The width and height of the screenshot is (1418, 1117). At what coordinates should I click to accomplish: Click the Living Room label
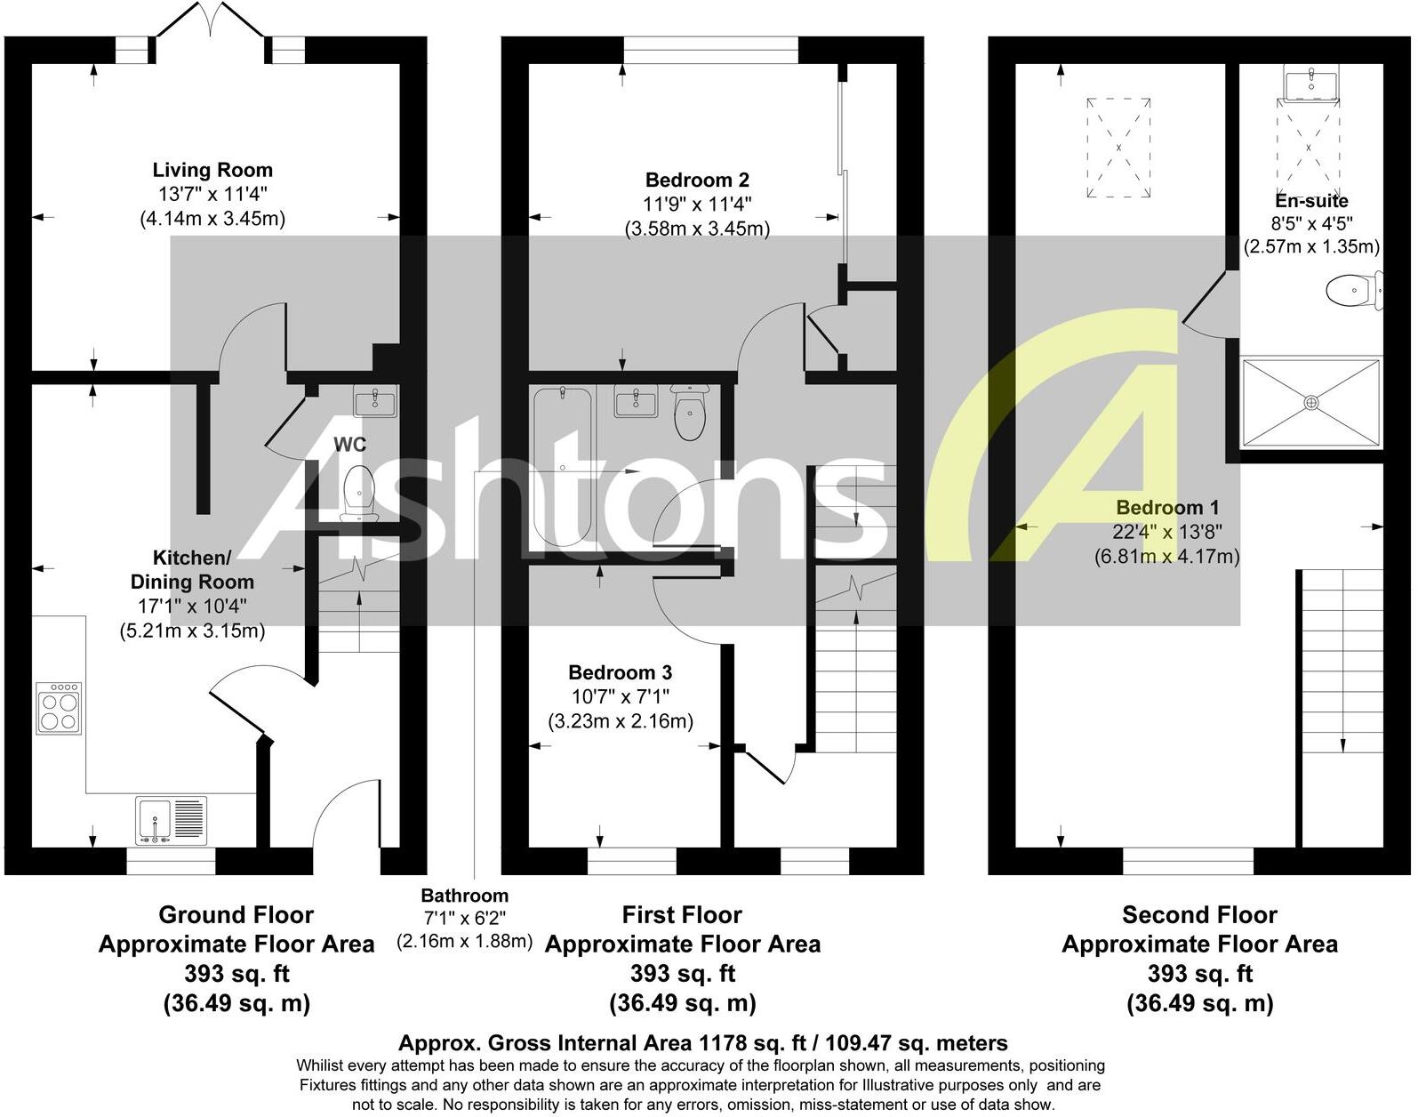[212, 170]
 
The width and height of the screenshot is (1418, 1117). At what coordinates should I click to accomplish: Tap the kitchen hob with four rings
[60, 708]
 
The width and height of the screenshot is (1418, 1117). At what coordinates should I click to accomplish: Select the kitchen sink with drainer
[172, 820]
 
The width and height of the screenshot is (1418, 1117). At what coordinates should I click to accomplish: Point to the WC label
[349, 444]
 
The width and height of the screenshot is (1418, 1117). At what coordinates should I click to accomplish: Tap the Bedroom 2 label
[697, 180]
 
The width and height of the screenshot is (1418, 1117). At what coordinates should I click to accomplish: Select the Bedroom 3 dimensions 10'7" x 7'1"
[621, 696]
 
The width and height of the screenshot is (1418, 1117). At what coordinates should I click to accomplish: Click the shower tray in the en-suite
[1310, 402]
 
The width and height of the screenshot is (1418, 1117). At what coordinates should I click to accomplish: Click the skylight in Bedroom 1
[1118, 147]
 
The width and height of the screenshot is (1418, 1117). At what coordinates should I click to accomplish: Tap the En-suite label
[1311, 201]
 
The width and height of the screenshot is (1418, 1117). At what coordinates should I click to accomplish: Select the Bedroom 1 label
[1167, 508]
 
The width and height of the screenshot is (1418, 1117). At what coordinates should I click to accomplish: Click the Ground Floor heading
[236, 915]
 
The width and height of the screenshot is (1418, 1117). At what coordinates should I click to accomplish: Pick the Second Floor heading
[1199, 915]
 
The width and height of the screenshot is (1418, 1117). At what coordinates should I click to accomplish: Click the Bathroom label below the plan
[465, 896]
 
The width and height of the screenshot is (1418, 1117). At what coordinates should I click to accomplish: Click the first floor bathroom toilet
[690, 414]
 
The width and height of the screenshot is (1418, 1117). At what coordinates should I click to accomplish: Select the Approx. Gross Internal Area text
[702, 1043]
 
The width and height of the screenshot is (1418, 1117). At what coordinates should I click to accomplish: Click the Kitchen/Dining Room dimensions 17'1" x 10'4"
[192, 607]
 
